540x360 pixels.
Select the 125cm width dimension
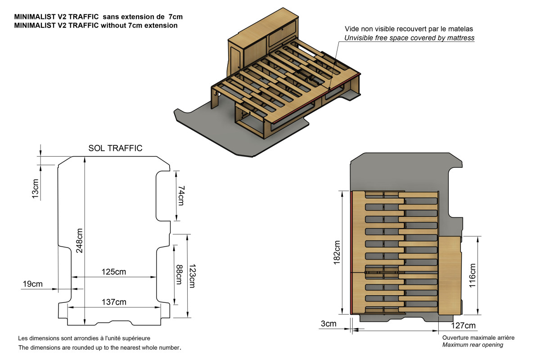[x=113, y=272]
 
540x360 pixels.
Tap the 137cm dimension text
[x=114, y=301]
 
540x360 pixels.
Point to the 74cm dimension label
[x=181, y=196]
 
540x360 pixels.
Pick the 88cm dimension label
[x=179, y=274]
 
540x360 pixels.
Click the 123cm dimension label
[x=192, y=275]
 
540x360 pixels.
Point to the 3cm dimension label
[x=328, y=324]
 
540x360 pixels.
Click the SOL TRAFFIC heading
[x=115, y=148]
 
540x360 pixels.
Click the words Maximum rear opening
[x=472, y=345]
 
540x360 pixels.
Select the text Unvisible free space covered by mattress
[x=409, y=38]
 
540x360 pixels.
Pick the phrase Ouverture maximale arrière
[x=478, y=337]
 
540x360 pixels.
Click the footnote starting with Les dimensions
[x=84, y=338]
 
